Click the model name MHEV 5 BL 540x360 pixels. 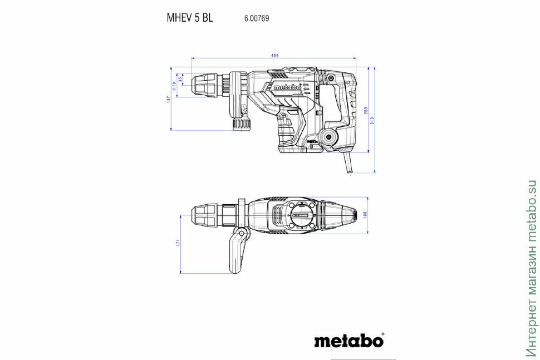tap(189, 17)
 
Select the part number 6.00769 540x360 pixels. tap(257, 18)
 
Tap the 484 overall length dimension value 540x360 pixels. tap(274, 55)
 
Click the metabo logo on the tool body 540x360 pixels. tap(287, 87)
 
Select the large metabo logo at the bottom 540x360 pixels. tap(347, 340)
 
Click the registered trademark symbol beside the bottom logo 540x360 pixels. tap(383, 335)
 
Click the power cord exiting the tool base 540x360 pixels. tap(348, 165)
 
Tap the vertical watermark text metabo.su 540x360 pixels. tap(531, 267)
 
